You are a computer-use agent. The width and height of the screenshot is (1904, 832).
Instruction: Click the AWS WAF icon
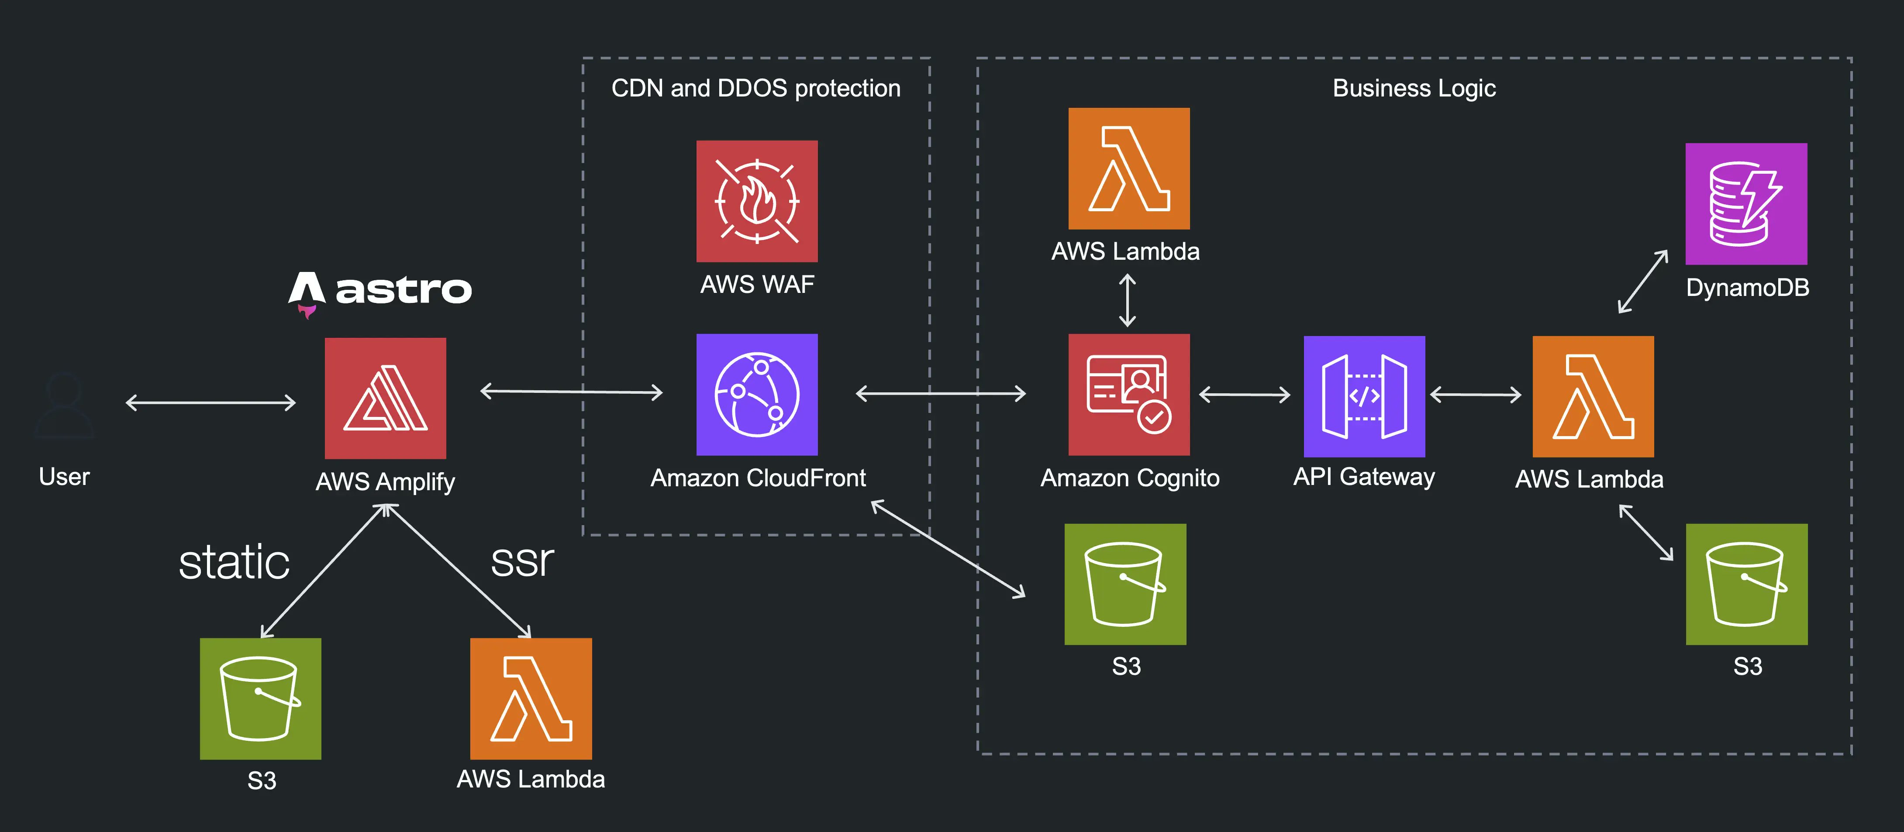(x=757, y=201)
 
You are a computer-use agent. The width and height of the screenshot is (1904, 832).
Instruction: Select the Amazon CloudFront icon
(x=757, y=395)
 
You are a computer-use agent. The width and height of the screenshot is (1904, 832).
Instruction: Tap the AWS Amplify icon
(x=385, y=398)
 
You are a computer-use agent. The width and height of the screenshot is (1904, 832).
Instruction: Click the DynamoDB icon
(x=1746, y=204)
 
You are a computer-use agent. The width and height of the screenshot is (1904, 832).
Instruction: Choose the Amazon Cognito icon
(x=1129, y=395)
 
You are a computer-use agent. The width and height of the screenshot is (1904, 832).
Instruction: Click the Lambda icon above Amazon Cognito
(x=1129, y=168)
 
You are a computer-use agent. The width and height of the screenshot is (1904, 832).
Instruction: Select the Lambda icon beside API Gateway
(x=1593, y=397)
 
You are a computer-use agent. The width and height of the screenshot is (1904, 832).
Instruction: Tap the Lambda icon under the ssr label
(x=531, y=698)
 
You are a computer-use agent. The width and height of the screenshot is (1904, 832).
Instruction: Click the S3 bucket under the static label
(x=260, y=698)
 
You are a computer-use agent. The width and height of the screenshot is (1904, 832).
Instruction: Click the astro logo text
(x=403, y=290)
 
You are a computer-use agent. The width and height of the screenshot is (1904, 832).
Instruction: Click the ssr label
(x=522, y=561)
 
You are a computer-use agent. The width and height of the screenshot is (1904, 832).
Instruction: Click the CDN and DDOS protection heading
(x=755, y=89)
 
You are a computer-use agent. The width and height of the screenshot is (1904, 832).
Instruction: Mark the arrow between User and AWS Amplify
(x=210, y=403)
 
